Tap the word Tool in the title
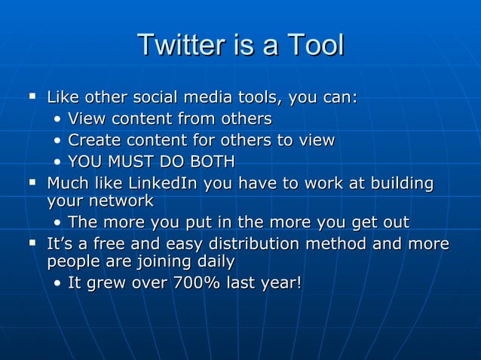click(313, 45)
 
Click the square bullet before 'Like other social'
click(32, 96)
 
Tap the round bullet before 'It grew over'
click(59, 284)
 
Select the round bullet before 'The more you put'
click(59, 223)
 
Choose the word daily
click(213, 262)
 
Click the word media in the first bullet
click(206, 98)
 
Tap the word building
click(403, 183)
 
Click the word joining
click(161, 262)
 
